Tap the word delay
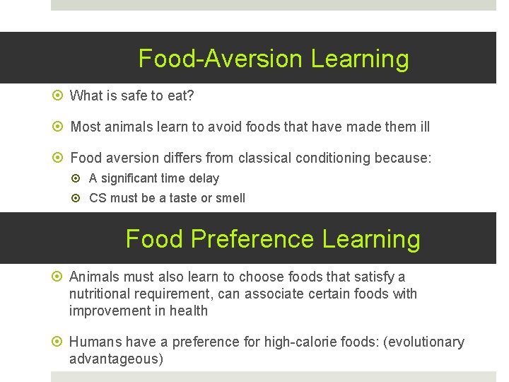click(203, 178)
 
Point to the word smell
click(230, 198)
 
